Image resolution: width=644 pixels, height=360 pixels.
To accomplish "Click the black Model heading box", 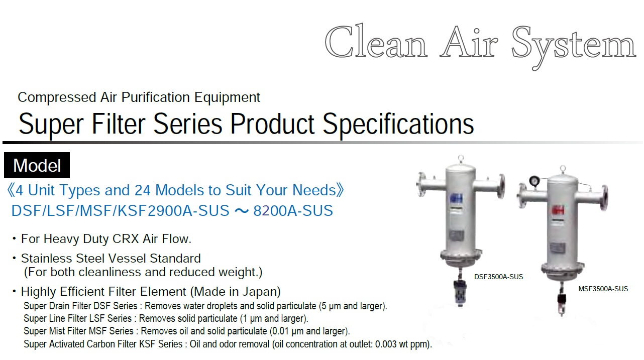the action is pos(37,165).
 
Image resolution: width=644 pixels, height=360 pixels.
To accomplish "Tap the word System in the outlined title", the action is pos(574,47).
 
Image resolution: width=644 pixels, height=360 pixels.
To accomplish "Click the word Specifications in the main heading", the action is pos(398,124).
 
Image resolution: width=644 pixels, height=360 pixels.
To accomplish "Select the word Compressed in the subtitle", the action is pos(57,97).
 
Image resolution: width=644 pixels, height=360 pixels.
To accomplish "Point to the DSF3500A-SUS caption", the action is pos(498,277).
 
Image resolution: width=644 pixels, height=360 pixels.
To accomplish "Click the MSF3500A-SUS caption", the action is pos(603,289).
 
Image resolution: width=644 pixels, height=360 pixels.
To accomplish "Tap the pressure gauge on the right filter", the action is pos(534,181).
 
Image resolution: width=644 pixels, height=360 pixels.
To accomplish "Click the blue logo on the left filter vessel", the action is pos(457,198).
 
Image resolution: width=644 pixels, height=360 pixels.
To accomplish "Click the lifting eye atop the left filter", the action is pos(461,159).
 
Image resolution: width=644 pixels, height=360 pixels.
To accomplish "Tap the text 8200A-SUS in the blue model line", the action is pos(293,210).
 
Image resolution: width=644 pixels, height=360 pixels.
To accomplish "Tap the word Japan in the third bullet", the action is pos(259,292).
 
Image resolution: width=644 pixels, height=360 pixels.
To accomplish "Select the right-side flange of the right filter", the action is pos(604,198).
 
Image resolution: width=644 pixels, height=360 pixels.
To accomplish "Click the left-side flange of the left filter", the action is pos(421,184).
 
